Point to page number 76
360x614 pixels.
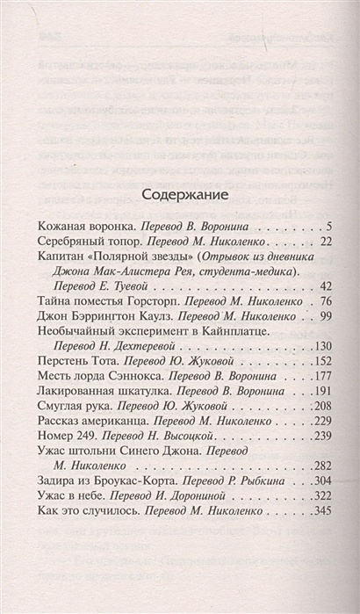click(320, 330)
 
